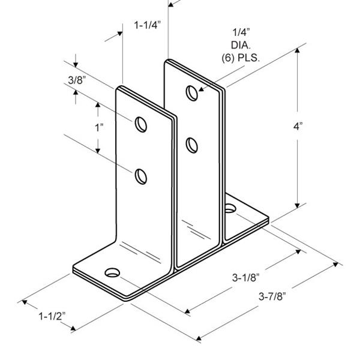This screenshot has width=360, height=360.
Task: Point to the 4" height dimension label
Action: click(314, 127)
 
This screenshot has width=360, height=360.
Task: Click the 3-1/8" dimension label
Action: click(246, 278)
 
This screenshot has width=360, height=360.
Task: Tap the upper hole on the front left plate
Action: click(141, 124)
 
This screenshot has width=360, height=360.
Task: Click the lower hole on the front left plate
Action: click(141, 176)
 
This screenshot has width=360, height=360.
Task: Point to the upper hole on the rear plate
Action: click(191, 93)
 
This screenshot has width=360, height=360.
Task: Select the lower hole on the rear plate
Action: click(191, 144)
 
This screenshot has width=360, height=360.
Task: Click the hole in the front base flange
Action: click(112, 274)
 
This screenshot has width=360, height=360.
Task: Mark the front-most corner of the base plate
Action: click(125, 298)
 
